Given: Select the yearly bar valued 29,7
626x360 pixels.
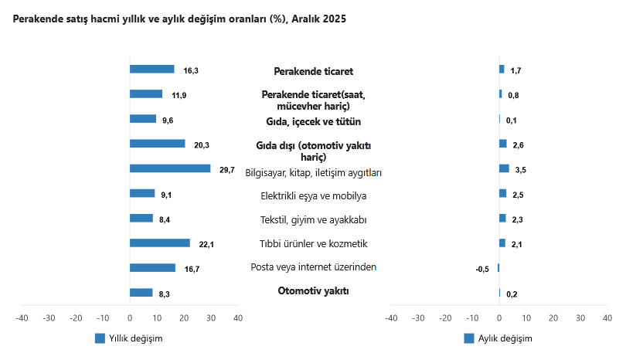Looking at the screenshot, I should pos(170,168).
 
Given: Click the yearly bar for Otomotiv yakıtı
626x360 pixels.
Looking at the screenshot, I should pos(141,293).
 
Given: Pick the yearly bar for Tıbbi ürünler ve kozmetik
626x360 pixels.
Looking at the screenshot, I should pos(160,243).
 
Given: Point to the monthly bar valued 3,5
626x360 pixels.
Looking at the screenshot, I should pos(504,168).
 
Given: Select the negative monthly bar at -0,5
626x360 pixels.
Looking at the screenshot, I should pos(498,268).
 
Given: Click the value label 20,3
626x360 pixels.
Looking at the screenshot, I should pos(202,145).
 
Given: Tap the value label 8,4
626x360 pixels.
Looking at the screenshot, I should pos(165,220).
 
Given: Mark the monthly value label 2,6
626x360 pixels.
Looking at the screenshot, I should pos(519,145).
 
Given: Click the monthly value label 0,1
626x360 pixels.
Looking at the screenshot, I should pos(512,121).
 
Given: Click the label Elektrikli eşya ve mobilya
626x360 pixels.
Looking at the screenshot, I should pos(313,195).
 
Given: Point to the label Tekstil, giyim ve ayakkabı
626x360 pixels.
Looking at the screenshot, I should pos(313,220).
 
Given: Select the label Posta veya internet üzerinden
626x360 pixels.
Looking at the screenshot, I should pos(313,267).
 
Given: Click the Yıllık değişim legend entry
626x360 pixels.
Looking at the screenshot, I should pos(128,338).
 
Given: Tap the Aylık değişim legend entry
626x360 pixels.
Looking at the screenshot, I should pos(498,338).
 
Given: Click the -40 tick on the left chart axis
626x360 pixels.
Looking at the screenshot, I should pos(22,318).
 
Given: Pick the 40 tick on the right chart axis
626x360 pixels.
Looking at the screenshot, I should pos(607,318).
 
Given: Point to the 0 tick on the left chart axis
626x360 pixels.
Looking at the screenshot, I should pos(130,318).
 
